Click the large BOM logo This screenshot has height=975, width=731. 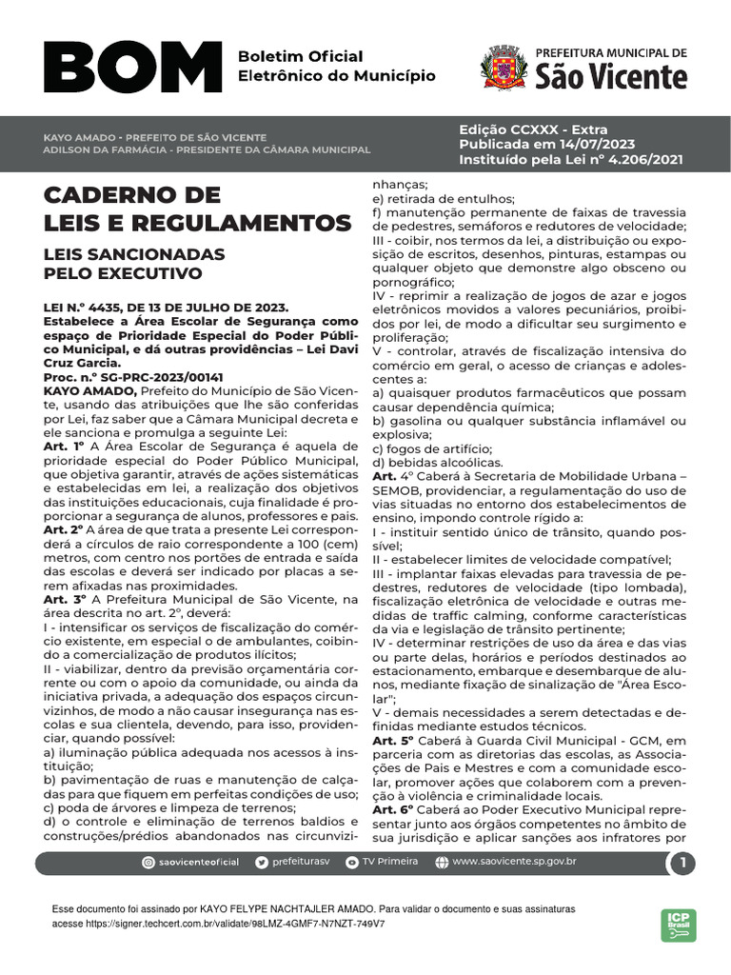pyautogui.click(x=132, y=69)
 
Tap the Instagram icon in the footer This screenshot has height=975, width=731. pyautogui.click(x=148, y=863)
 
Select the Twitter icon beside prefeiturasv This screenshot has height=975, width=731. pyautogui.click(x=262, y=863)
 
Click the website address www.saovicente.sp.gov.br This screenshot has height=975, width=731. pyautogui.click(x=515, y=863)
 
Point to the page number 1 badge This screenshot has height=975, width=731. pyautogui.click(x=682, y=864)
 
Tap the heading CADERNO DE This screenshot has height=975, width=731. pyautogui.click(x=131, y=196)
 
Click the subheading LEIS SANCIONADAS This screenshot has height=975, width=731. pyautogui.click(x=134, y=255)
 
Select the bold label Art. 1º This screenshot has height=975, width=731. pyautogui.click(x=65, y=445)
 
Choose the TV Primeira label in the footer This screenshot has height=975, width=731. pyautogui.click(x=390, y=863)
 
